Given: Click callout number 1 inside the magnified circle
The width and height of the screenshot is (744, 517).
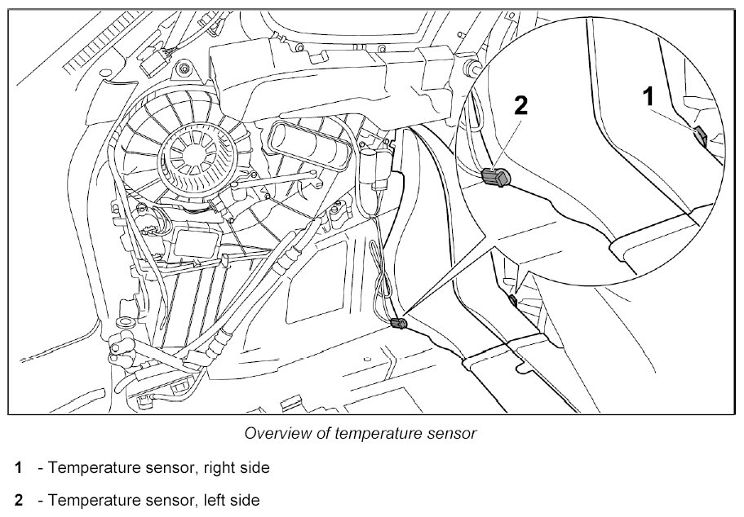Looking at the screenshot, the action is click(649, 96).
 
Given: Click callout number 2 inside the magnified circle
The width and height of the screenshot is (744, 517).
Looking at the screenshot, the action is click(521, 105).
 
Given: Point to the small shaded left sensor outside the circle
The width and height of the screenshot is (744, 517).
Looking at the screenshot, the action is click(398, 324).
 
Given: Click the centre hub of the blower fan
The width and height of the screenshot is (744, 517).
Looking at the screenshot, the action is click(193, 153).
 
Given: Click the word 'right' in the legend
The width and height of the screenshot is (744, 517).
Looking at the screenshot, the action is click(218, 468).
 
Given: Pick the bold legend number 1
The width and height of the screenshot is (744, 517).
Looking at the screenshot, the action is click(18, 468).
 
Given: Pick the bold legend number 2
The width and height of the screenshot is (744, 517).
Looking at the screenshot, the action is click(19, 500).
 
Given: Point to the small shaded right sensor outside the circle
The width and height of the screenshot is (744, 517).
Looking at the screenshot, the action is click(512, 299).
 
